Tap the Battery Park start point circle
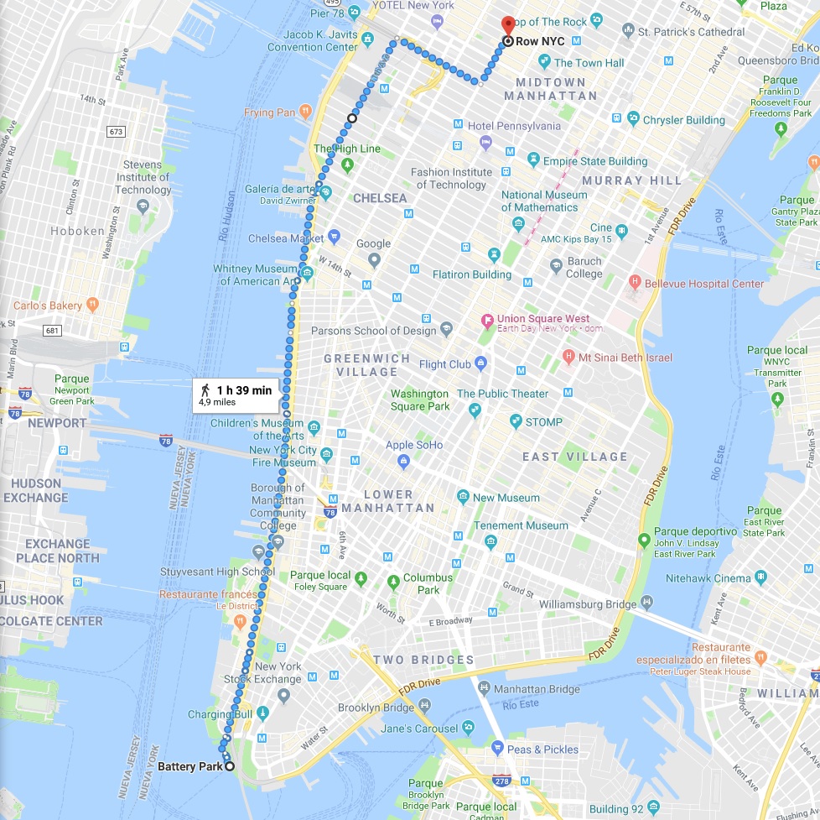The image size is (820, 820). pyautogui.click(x=229, y=765)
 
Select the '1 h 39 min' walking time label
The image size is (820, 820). pyautogui.click(x=244, y=390)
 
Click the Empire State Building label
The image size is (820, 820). pyautogui.click(x=595, y=161)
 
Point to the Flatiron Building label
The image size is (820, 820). pyautogui.click(x=471, y=274)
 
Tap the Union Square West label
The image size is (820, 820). pyautogui.click(x=542, y=319)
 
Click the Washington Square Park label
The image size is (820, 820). pyautogui.click(x=419, y=400)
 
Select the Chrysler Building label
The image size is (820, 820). pyautogui.click(x=683, y=120)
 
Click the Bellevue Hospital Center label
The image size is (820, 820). pyautogui.click(x=704, y=284)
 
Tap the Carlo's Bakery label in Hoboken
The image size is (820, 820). pyautogui.click(x=48, y=306)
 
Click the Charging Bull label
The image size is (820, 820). pyautogui.click(x=220, y=714)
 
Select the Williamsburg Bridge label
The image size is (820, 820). pyautogui.click(x=588, y=603)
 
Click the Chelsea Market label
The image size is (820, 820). pyautogui.click(x=285, y=238)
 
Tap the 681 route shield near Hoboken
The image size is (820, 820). pyautogui.click(x=53, y=330)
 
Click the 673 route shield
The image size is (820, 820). pyautogui.click(x=116, y=132)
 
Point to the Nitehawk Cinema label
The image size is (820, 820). pyautogui.click(x=708, y=578)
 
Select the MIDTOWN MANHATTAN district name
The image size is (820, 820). pyautogui.click(x=550, y=88)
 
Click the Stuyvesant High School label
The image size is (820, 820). pyautogui.click(x=217, y=572)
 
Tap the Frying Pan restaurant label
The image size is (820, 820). pyautogui.click(x=270, y=112)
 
